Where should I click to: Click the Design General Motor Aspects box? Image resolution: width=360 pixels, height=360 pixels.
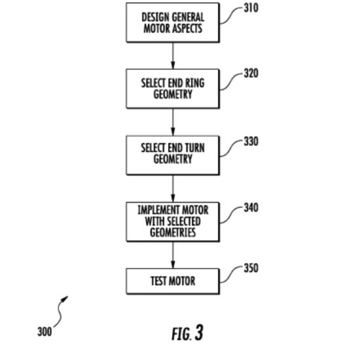coord(173,22)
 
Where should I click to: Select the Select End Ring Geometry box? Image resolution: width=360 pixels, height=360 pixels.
coord(173,88)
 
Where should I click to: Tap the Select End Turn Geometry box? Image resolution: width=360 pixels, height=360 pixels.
coord(173,155)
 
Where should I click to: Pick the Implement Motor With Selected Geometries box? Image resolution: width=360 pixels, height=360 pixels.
coord(173,222)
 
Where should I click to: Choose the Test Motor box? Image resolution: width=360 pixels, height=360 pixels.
coord(173,281)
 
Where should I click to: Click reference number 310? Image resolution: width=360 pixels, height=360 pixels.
coord(251,8)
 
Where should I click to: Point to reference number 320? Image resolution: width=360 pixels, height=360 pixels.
coord(251,73)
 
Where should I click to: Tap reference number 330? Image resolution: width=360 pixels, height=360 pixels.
coord(251,141)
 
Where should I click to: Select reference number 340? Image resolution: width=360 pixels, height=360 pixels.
coord(251,207)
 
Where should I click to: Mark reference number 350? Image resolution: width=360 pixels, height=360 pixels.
coord(251,268)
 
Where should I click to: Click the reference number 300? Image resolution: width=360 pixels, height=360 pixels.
coord(45,332)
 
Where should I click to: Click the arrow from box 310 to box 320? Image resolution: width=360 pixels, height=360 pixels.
coord(173,56)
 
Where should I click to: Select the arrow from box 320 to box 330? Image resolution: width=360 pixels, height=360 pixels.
coord(173,122)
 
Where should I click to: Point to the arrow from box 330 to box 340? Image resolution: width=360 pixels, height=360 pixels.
coord(173,189)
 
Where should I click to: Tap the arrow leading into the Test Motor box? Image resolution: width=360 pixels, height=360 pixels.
coord(173,255)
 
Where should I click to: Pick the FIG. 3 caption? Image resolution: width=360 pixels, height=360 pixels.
coord(187,333)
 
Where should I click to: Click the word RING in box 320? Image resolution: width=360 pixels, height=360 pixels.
coord(194,83)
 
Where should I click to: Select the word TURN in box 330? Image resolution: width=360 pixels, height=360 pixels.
coord(194,148)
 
